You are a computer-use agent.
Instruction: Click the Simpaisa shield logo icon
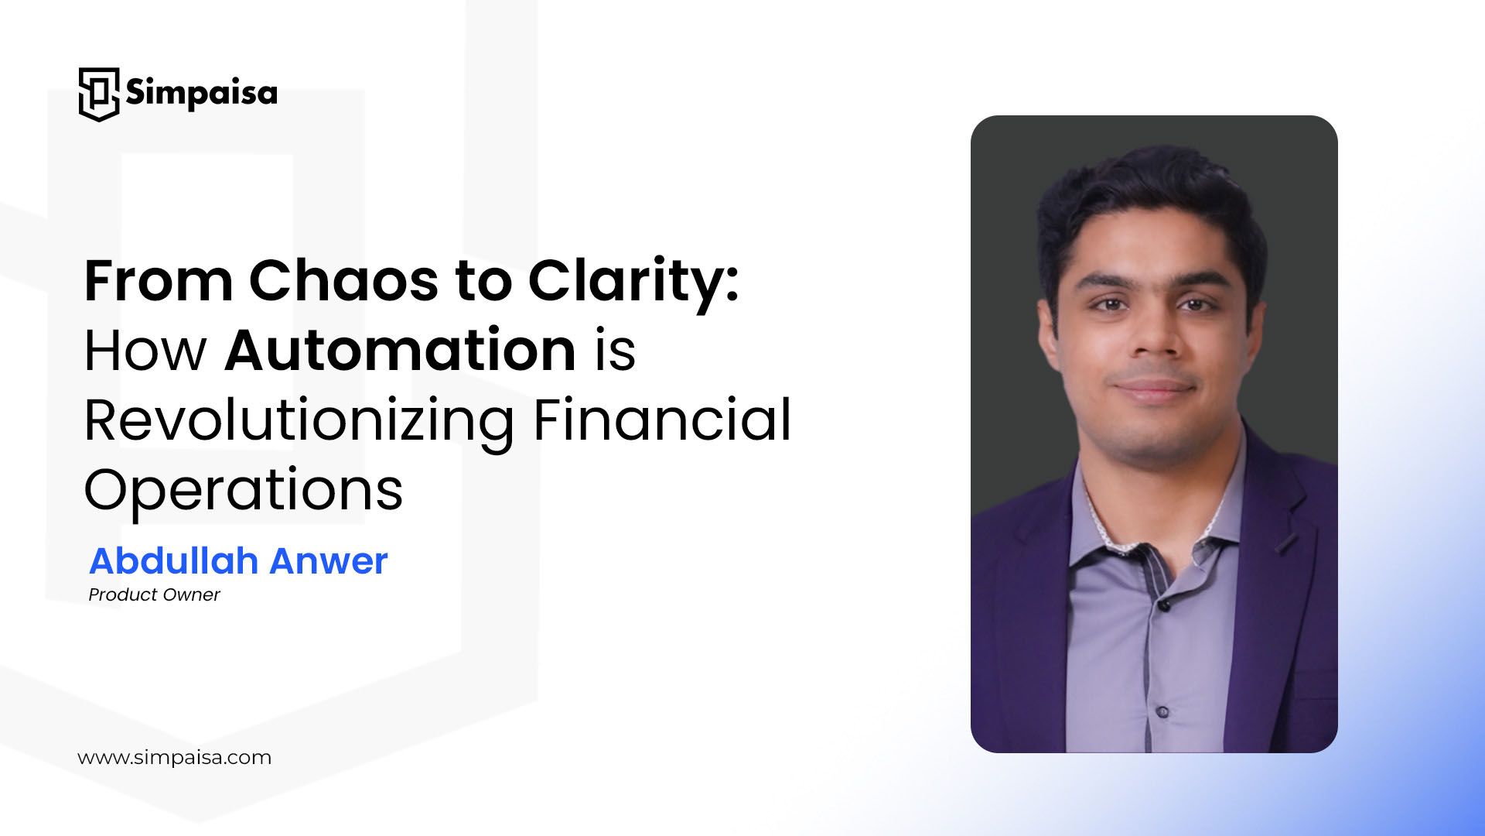pyautogui.click(x=98, y=94)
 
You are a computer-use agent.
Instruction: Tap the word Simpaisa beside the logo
pyautogui.click(x=201, y=93)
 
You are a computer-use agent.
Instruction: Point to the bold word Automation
pyautogui.click(x=400, y=350)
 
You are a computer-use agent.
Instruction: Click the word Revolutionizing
pyautogui.click(x=299, y=420)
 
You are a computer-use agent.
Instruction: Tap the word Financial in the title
pyautogui.click(x=662, y=420)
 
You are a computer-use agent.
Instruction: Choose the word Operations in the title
pyautogui.click(x=243, y=490)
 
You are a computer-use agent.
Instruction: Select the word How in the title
pyautogui.click(x=145, y=350)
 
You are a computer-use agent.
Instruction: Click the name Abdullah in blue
pyautogui.click(x=173, y=560)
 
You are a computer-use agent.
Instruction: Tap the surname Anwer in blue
pyautogui.click(x=329, y=560)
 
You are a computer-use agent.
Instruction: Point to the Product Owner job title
pyautogui.click(x=154, y=594)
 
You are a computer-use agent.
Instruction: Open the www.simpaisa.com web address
pyautogui.click(x=174, y=757)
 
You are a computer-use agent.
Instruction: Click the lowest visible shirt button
pyautogui.click(x=1162, y=711)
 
